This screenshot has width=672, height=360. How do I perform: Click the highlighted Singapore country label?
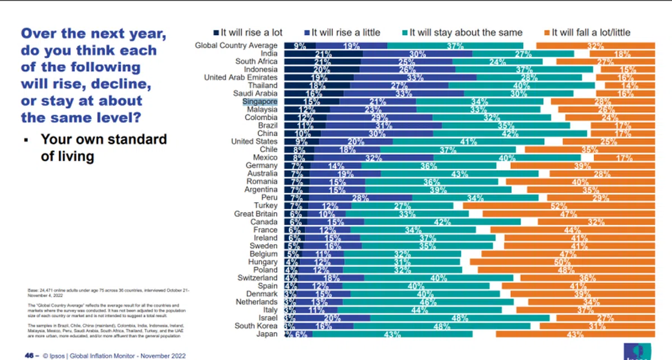(260, 102)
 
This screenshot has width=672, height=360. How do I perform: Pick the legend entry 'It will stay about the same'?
(465, 32)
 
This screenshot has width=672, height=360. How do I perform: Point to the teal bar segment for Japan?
(392, 334)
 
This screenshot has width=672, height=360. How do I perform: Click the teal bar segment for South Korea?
(442, 326)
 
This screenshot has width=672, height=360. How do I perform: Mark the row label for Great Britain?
(256, 214)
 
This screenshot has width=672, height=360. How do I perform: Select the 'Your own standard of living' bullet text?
(104, 147)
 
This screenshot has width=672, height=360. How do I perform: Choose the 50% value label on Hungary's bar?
(574, 262)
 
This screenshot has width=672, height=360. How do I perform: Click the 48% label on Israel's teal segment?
(459, 318)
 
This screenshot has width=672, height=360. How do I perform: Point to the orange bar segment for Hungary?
(562, 262)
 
